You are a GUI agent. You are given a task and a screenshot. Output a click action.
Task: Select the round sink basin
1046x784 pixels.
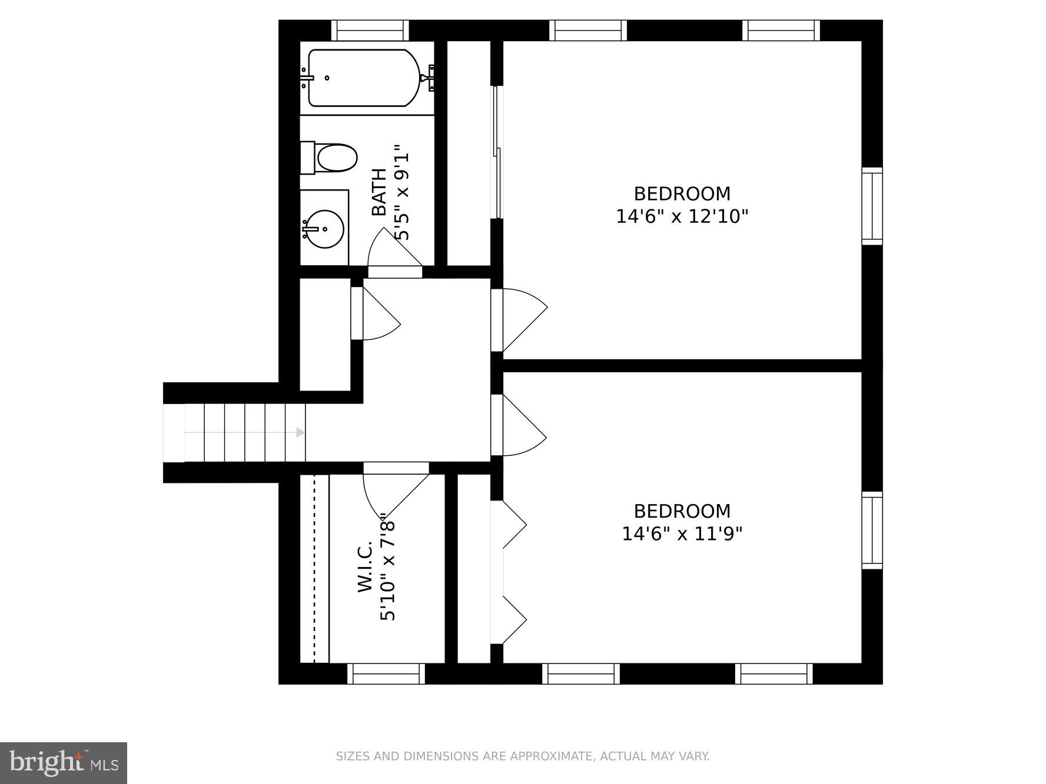[323, 229]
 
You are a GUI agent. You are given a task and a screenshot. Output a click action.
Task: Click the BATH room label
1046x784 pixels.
[380, 192]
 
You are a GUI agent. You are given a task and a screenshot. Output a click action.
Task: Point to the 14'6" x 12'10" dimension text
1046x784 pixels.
[682, 216]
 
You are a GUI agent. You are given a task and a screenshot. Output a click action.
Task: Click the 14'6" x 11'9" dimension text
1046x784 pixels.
[682, 534]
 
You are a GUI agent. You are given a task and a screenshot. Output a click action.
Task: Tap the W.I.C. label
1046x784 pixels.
[366, 567]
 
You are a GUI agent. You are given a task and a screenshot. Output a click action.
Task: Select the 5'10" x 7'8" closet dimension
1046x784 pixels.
[388, 566]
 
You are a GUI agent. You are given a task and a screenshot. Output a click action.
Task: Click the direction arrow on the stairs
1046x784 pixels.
[300, 432]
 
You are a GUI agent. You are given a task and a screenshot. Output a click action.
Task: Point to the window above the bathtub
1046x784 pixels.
[370, 30]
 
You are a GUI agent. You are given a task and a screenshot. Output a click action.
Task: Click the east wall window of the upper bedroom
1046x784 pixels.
[872, 206]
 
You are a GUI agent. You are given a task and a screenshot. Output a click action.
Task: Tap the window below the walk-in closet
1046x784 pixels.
[386, 673]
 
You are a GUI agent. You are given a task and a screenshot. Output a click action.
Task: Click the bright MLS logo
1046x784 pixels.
[64, 763]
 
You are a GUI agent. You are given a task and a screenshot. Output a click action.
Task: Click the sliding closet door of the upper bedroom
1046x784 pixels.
[497, 153]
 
